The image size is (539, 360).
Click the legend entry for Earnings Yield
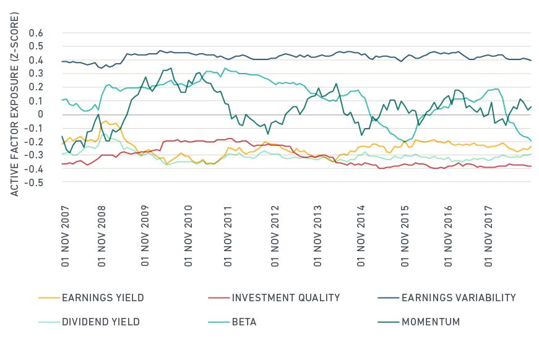103,298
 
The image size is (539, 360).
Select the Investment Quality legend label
286,298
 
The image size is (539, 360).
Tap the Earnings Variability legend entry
459,298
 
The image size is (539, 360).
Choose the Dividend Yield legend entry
101,322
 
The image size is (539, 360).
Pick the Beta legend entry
244,322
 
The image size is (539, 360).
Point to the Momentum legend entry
431,322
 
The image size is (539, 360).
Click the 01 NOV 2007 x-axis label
64,233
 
